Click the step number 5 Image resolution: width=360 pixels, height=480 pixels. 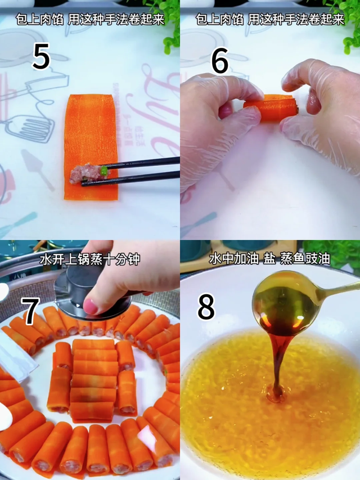[x=41, y=56]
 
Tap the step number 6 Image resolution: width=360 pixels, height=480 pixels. [x=220, y=60]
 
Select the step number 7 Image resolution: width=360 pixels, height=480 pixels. [x=31, y=311]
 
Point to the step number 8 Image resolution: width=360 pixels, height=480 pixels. [x=206, y=307]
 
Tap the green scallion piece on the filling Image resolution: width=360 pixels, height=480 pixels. [x=103, y=170]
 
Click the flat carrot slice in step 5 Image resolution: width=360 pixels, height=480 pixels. [x=91, y=147]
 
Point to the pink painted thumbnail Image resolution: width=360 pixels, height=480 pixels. [x=90, y=307]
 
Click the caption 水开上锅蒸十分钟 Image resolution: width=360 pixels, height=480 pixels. [x=89, y=259]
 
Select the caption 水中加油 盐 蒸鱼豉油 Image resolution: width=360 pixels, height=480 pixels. [x=269, y=259]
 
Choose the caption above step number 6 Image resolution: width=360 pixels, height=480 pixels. [x=270, y=20]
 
